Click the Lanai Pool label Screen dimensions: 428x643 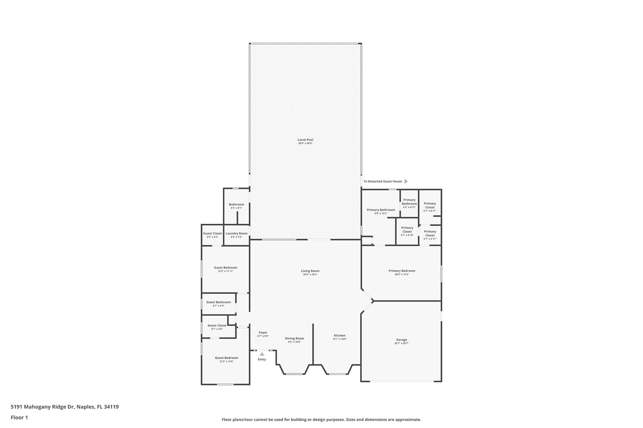[305, 140]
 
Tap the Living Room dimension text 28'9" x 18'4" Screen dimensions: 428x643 [310, 275]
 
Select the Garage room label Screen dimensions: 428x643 [401, 340]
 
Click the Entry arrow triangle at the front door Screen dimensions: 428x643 [262, 354]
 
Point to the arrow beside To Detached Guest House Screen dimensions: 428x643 [406, 181]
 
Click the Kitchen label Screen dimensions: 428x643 [339, 336]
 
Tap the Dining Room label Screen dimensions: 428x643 [294, 338]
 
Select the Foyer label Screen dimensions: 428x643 [263, 333]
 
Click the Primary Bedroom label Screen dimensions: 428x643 [402, 271]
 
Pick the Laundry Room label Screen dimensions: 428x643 [236, 233]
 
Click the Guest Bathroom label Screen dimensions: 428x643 [219, 302]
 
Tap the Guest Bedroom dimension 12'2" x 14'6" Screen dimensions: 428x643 [226, 362]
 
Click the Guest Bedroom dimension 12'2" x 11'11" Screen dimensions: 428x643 [225, 271]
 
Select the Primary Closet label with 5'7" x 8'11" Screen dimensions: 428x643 [430, 205]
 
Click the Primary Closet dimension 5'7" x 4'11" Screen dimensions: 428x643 [430, 239]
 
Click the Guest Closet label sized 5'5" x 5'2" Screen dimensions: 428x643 [212, 233]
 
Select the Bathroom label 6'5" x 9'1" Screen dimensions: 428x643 [236, 204]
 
